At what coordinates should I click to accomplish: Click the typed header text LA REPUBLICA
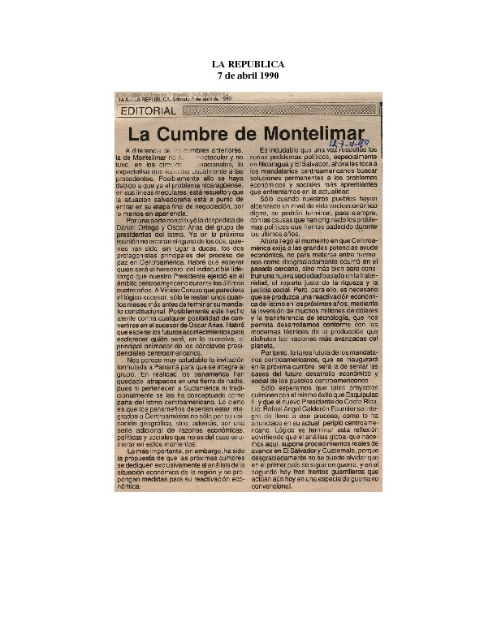pos(248,64)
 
